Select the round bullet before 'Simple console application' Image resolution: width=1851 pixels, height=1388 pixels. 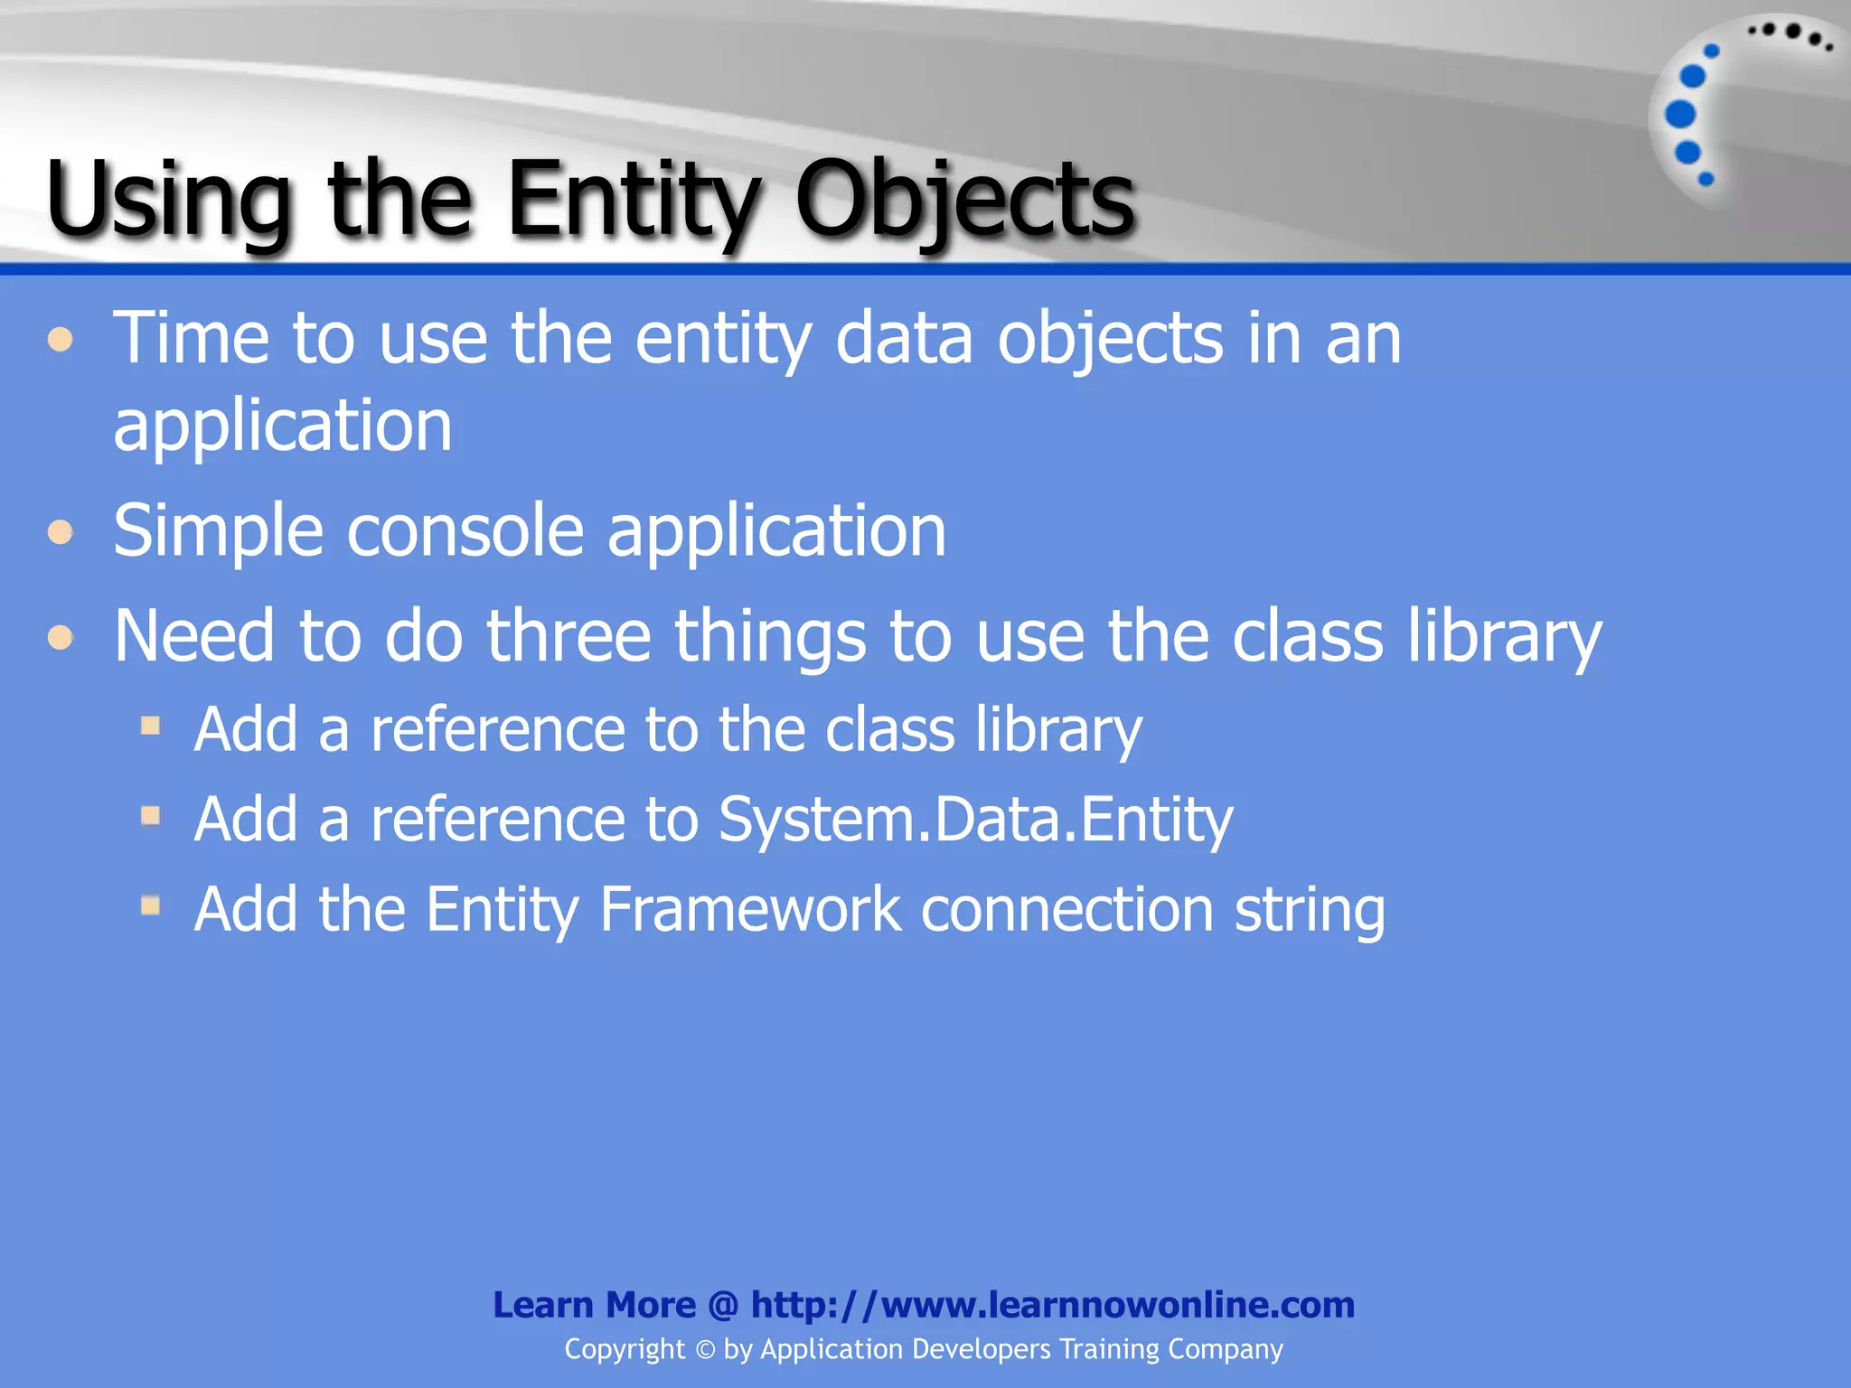(61, 531)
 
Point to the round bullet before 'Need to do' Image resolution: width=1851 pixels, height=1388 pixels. (61, 637)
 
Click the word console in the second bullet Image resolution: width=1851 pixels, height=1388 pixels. (465, 531)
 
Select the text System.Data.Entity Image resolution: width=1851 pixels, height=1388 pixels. (975, 819)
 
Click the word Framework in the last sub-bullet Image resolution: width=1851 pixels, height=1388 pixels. (749, 909)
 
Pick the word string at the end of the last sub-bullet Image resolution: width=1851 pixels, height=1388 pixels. (1310, 911)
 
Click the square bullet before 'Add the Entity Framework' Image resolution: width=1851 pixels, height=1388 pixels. (151, 905)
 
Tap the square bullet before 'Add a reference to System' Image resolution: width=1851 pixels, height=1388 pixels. (151, 816)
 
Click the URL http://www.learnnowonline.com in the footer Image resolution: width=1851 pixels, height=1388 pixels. (1052, 1305)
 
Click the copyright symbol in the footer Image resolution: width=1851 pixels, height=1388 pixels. (705, 1350)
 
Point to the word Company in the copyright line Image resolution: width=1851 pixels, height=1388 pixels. (1225, 1350)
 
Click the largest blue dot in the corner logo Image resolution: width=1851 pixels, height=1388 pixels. (1680, 114)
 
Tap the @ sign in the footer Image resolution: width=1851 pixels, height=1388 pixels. (723, 1305)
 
